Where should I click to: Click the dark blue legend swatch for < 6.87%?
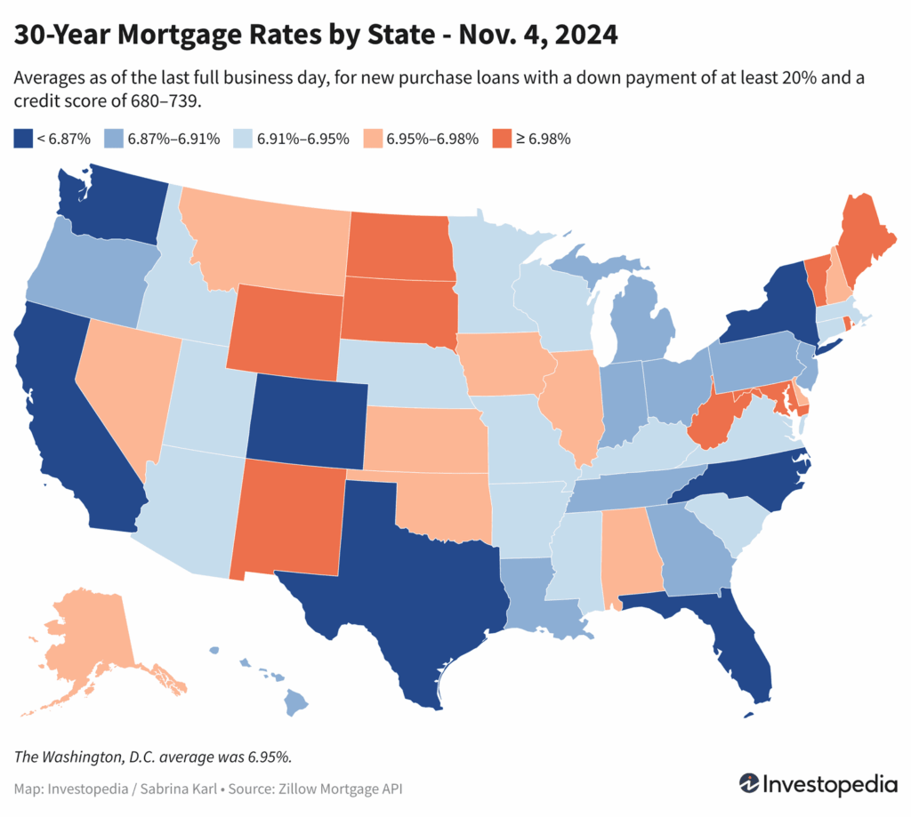(x=22, y=139)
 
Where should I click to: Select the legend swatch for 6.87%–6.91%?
(x=112, y=139)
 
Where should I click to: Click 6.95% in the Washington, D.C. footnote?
(x=266, y=757)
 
